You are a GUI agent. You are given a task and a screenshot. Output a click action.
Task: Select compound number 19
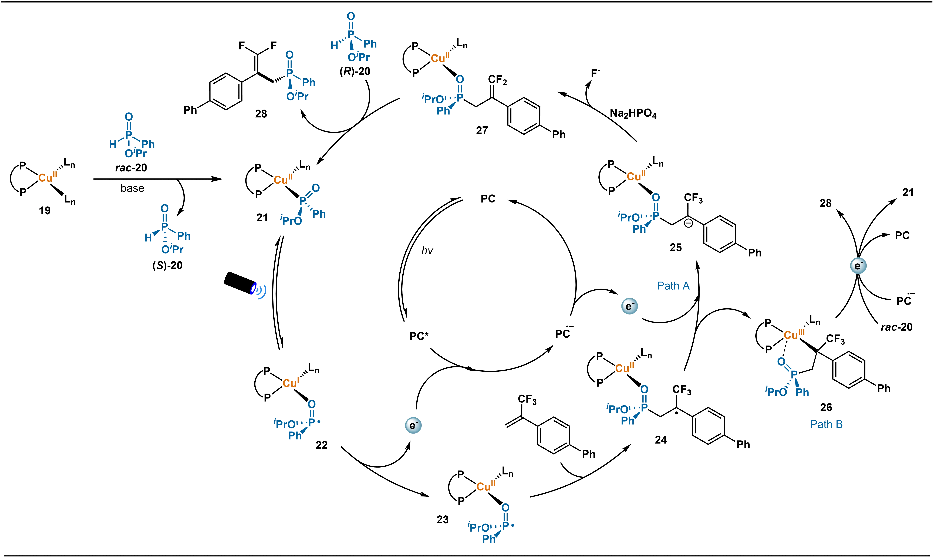coord(45,211)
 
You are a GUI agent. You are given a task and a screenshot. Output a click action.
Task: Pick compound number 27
coord(482,130)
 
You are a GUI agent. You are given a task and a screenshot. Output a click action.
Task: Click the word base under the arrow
coord(132,188)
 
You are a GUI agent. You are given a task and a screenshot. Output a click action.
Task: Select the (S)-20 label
coord(167,265)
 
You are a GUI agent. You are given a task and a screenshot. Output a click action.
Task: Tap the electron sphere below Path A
coord(629,306)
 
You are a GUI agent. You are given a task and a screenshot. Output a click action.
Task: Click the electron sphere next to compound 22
coord(413,425)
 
